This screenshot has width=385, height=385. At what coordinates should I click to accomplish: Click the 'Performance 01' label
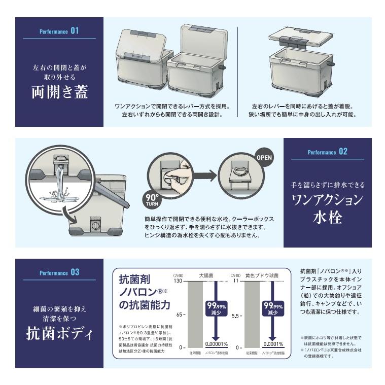click(59, 31)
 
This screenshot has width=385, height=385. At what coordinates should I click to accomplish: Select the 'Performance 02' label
click(327, 152)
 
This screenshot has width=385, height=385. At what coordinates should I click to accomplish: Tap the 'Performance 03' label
click(59, 273)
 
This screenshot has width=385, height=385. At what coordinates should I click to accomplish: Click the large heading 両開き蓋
click(59, 91)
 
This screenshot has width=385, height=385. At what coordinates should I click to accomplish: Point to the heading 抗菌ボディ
click(59, 335)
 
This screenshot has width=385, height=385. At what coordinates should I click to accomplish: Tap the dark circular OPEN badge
click(264, 157)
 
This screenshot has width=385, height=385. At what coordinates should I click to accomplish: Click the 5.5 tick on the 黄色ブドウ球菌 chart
click(237, 315)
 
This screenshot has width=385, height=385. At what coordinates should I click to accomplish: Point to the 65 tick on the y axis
click(180, 315)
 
